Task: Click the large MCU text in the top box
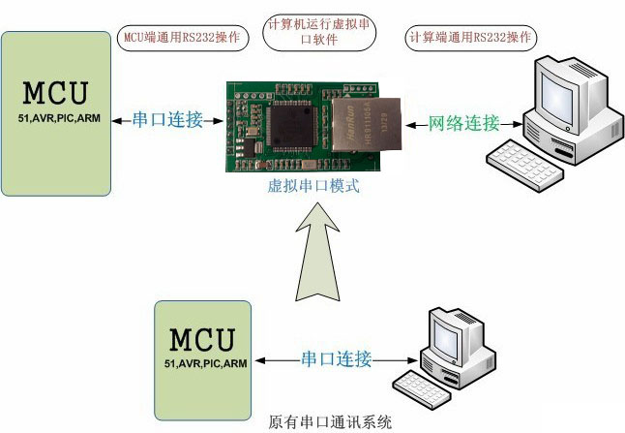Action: coord(54,93)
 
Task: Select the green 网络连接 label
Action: coord(463,123)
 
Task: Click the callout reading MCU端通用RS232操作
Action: coord(183,37)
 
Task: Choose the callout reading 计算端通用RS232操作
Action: coord(471,38)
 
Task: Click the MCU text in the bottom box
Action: coord(202,339)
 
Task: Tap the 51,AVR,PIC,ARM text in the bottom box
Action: coord(202,362)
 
